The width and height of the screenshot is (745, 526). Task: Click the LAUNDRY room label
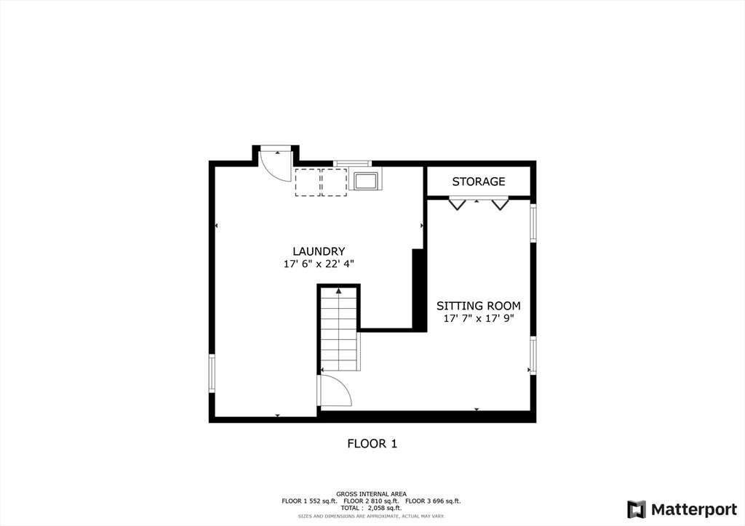click(x=319, y=251)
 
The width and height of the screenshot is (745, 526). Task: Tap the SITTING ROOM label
click(x=479, y=306)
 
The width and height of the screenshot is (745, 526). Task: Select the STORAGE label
click(x=479, y=182)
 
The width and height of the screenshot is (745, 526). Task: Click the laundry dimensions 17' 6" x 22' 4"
click(x=319, y=264)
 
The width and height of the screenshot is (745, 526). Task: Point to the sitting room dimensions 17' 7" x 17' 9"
click(x=479, y=318)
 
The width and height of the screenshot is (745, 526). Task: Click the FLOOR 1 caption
click(x=372, y=444)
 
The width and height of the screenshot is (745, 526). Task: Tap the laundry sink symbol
click(x=365, y=180)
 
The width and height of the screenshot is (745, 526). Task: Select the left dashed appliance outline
click(x=308, y=182)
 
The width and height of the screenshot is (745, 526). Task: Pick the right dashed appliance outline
click(x=334, y=182)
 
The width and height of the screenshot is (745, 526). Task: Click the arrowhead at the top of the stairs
click(x=338, y=291)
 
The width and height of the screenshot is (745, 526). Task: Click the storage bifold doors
click(x=479, y=203)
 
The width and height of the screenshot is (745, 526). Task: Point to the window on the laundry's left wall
click(x=212, y=373)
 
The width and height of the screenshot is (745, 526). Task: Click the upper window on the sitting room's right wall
click(x=533, y=223)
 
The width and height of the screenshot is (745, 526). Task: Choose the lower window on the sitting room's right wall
click(x=533, y=355)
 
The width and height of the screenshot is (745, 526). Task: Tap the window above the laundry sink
click(x=352, y=163)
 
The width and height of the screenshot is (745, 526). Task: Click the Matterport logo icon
click(x=636, y=509)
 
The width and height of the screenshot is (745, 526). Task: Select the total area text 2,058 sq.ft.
click(x=385, y=508)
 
